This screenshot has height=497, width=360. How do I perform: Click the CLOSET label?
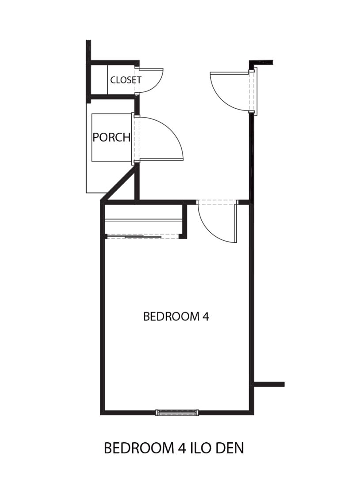125,80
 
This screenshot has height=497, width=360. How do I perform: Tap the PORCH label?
111,137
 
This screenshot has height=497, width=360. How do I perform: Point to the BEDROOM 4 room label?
176,316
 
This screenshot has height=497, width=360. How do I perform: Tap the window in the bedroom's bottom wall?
177,412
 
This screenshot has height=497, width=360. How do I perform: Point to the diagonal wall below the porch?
119,184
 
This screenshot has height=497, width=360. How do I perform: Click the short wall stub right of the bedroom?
268,384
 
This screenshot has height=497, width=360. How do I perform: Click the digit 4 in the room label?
206,316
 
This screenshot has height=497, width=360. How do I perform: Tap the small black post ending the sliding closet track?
182,236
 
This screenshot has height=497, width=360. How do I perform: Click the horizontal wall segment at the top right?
261,62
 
